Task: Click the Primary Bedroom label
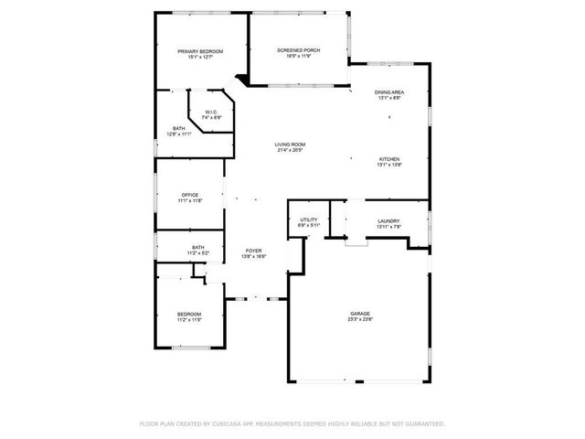(200, 51)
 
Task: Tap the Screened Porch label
(299, 50)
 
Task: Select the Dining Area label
(389, 92)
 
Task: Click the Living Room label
(292, 145)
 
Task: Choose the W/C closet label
(211, 112)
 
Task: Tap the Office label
(190, 195)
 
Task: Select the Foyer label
(253, 251)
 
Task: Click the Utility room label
(308, 220)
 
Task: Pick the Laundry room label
(389, 220)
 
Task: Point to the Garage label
(359, 314)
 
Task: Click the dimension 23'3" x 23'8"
(359, 320)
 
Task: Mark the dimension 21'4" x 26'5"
(292, 151)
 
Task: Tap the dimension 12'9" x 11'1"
(179, 134)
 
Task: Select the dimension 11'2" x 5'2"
(198, 252)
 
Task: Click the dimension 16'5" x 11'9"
(299, 57)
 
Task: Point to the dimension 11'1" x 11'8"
(190, 201)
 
